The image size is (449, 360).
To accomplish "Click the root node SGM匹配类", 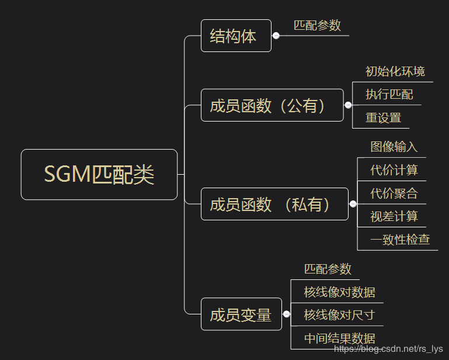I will pyautogui.click(x=99, y=175).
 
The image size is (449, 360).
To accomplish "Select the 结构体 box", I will pyautogui.click(x=236, y=36).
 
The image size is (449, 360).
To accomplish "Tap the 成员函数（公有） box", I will pyautogui.click(x=272, y=105).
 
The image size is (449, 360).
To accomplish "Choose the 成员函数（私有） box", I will pyautogui.click(x=274, y=204).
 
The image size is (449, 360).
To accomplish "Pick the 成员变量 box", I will pyautogui.click(x=241, y=314).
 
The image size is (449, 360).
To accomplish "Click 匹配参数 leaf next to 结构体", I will pyautogui.click(x=317, y=26).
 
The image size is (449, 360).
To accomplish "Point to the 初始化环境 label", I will pyautogui.click(x=395, y=72).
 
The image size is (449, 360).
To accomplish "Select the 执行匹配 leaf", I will pyautogui.click(x=389, y=95).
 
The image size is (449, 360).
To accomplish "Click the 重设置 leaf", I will pyautogui.click(x=383, y=117).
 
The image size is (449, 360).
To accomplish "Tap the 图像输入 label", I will pyautogui.click(x=394, y=147).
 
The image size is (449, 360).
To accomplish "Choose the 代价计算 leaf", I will pyautogui.click(x=394, y=170).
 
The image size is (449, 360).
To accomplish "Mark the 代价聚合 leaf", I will pyautogui.click(x=394, y=193).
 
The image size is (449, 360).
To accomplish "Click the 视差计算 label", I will pyautogui.click(x=394, y=216).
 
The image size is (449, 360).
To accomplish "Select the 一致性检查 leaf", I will pyautogui.click(x=399, y=239).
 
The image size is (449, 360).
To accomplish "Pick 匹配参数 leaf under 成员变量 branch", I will pyautogui.click(x=328, y=269).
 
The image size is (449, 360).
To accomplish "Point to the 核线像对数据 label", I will pyautogui.click(x=339, y=292).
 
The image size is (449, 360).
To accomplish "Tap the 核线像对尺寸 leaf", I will pyautogui.click(x=339, y=315).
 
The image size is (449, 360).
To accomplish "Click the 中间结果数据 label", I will pyautogui.click(x=339, y=338).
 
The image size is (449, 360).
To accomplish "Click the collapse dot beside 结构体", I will pyautogui.click(x=276, y=36).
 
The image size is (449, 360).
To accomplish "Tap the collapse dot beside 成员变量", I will pyautogui.click(x=286, y=314).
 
